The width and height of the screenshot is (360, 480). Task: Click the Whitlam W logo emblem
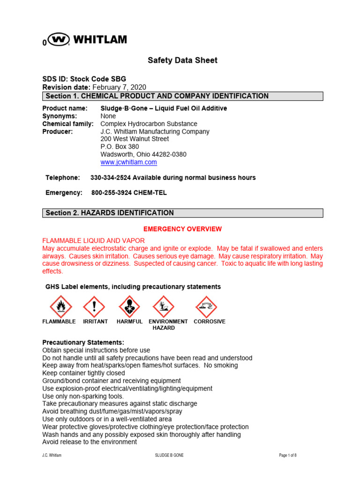[60, 40]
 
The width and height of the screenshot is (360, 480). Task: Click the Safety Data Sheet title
[182, 60]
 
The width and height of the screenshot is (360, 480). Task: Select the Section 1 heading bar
[182, 96]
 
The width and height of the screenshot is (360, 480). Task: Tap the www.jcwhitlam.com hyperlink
[128, 162]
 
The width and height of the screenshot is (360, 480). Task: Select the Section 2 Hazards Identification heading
[182, 213]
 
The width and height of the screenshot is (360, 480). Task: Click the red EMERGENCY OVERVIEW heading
[182, 229]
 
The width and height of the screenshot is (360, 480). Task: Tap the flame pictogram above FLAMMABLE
[61, 307]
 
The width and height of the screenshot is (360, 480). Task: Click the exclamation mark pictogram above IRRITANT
[94, 307]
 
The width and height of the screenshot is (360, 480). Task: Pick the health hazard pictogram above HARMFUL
[129, 307]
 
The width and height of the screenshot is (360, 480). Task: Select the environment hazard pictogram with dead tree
[163, 307]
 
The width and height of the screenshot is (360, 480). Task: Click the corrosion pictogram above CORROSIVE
[206, 307]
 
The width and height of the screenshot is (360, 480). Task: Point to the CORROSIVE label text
[210, 322]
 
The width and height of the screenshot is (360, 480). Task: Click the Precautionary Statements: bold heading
[83, 343]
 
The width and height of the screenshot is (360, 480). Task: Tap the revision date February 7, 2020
[119, 87]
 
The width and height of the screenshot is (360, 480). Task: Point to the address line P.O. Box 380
[120, 147]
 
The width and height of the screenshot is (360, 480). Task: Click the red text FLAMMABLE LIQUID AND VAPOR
[94, 240]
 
